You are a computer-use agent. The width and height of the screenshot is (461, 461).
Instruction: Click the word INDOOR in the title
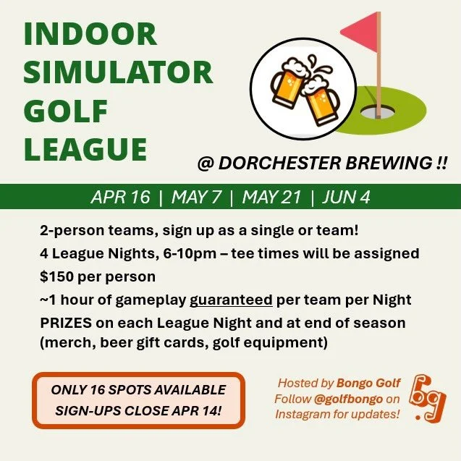[90, 34]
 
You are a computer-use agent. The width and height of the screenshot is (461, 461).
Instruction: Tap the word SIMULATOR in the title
[119, 73]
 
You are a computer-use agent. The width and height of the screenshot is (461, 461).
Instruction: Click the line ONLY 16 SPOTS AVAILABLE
[138, 390]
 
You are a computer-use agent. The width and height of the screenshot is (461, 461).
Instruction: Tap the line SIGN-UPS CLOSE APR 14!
[138, 411]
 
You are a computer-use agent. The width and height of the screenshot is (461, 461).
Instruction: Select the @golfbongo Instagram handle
[343, 399]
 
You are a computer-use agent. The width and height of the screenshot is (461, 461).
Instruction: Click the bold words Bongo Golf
[368, 383]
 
